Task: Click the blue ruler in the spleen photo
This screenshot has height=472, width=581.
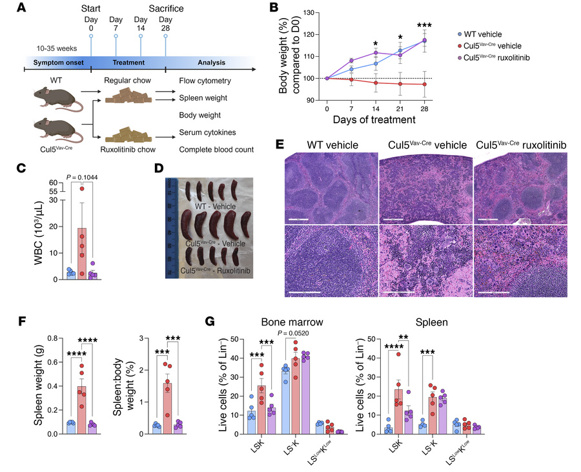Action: tap(170, 226)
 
